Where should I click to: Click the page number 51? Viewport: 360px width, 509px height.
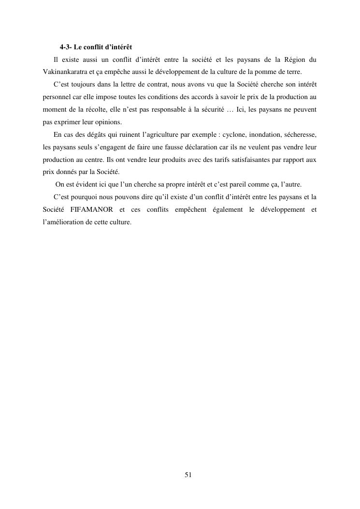pos(188,475)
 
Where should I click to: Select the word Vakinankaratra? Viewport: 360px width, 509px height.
pos(61,72)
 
